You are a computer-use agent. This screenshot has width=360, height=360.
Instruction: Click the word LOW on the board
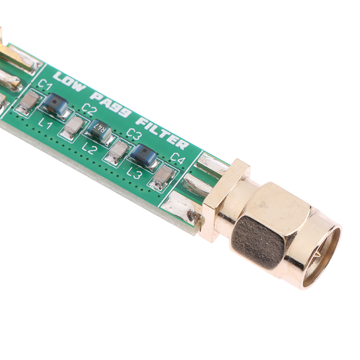[x=70, y=81]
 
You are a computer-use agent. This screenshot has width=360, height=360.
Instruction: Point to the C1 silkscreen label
[x=45, y=85]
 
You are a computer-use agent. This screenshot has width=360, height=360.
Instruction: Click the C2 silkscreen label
[x=88, y=109]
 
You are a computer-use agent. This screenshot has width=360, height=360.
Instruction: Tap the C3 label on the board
[x=133, y=133]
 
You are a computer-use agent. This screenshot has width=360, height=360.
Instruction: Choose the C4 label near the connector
[x=178, y=158]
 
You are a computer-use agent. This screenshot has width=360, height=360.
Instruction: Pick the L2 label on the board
[x=89, y=148]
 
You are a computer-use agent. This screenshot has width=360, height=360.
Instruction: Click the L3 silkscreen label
[x=134, y=173]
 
